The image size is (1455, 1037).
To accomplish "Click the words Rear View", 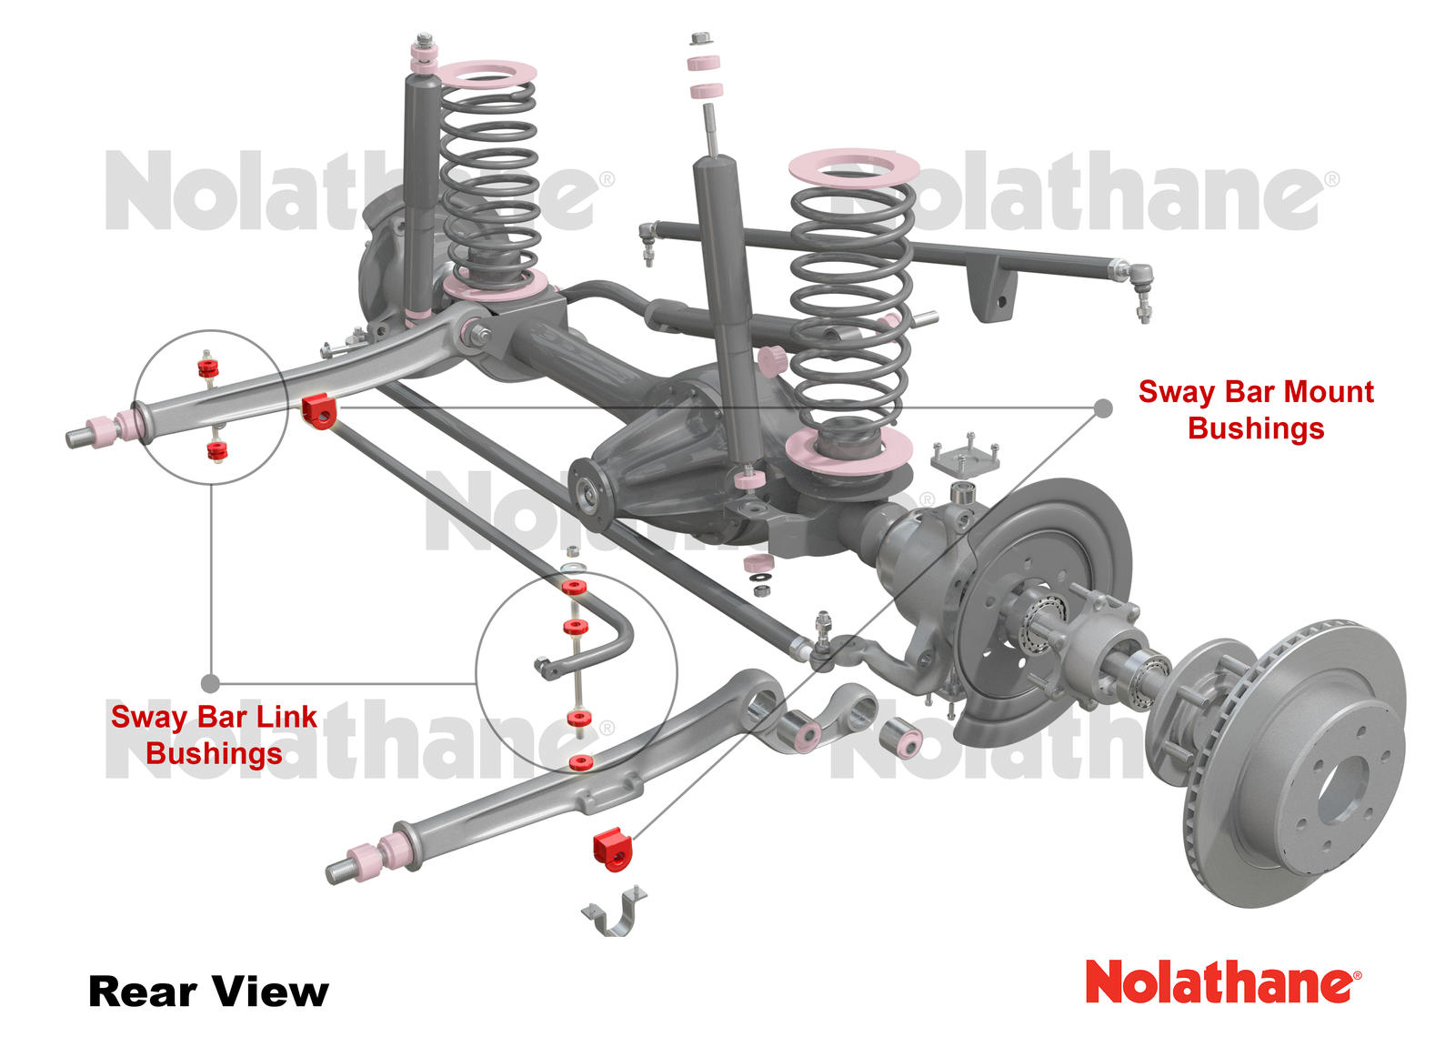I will tap(208, 992).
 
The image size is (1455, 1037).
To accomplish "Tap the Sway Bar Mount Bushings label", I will tap(1255, 409).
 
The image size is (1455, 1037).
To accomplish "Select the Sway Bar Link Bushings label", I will tap(214, 735).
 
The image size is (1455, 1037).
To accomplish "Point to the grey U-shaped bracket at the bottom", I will tap(613, 912).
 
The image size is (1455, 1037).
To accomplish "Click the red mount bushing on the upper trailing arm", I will tap(318, 410).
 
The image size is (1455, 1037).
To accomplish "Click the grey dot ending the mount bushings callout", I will tap(1103, 408).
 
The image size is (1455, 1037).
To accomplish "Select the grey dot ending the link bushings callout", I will tap(210, 682).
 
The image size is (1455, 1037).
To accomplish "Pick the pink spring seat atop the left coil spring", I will tap(488, 73).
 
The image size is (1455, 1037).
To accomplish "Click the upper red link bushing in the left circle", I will tap(208, 367).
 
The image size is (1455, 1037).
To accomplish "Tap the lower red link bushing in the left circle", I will tap(216, 450).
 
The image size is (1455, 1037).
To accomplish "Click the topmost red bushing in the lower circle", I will tap(573, 587).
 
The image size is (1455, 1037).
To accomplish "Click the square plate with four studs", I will tap(964, 458).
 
